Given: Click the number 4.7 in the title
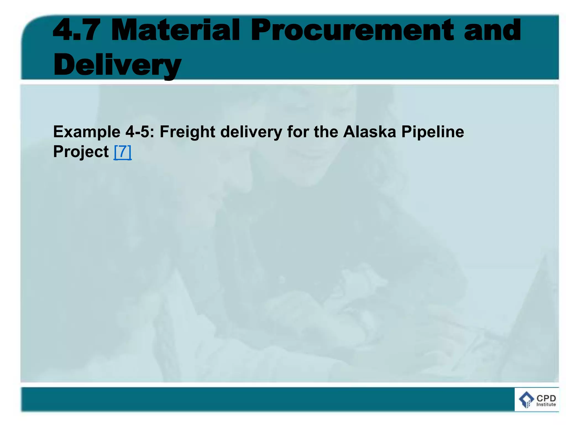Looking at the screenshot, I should pos(76,30).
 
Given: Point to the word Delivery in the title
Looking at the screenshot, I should pos(117,65).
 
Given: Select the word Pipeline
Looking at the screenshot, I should pos(433,132).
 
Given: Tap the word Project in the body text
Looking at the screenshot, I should pos(81,152).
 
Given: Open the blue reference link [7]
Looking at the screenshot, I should pos(123,152).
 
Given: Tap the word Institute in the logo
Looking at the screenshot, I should pos(546,404).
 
